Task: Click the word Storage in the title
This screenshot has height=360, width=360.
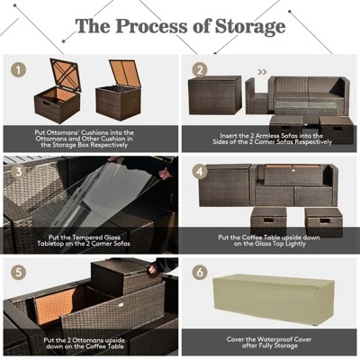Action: (x=244, y=27)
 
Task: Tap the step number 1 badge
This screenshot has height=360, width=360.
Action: (x=17, y=69)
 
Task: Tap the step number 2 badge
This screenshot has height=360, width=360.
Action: (x=200, y=69)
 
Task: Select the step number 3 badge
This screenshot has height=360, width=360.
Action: (x=17, y=169)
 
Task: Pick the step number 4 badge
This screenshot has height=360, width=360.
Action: (x=200, y=169)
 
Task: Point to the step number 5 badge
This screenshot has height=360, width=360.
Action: (x=17, y=271)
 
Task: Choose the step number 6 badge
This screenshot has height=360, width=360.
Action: (x=200, y=271)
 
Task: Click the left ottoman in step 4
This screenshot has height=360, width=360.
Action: (x=269, y=219)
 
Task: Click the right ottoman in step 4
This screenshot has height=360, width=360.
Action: (x=323, y=219)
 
